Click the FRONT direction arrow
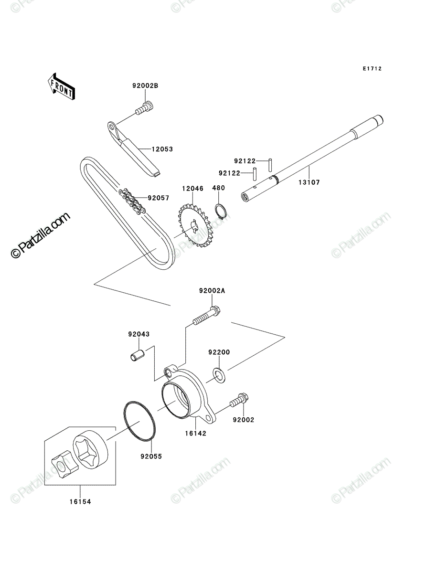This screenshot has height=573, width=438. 61,86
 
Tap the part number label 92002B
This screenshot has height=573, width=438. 145,85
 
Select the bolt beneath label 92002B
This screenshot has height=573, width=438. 144,108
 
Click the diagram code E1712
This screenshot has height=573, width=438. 372,69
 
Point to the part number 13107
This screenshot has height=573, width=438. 309,182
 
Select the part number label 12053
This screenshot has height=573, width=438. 162,149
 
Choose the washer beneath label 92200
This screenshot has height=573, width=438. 219,375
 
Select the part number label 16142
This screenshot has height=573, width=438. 196,434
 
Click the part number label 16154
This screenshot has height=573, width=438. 80,502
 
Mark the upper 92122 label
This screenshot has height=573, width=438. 245,161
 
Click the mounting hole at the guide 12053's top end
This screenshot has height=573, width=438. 112,127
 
